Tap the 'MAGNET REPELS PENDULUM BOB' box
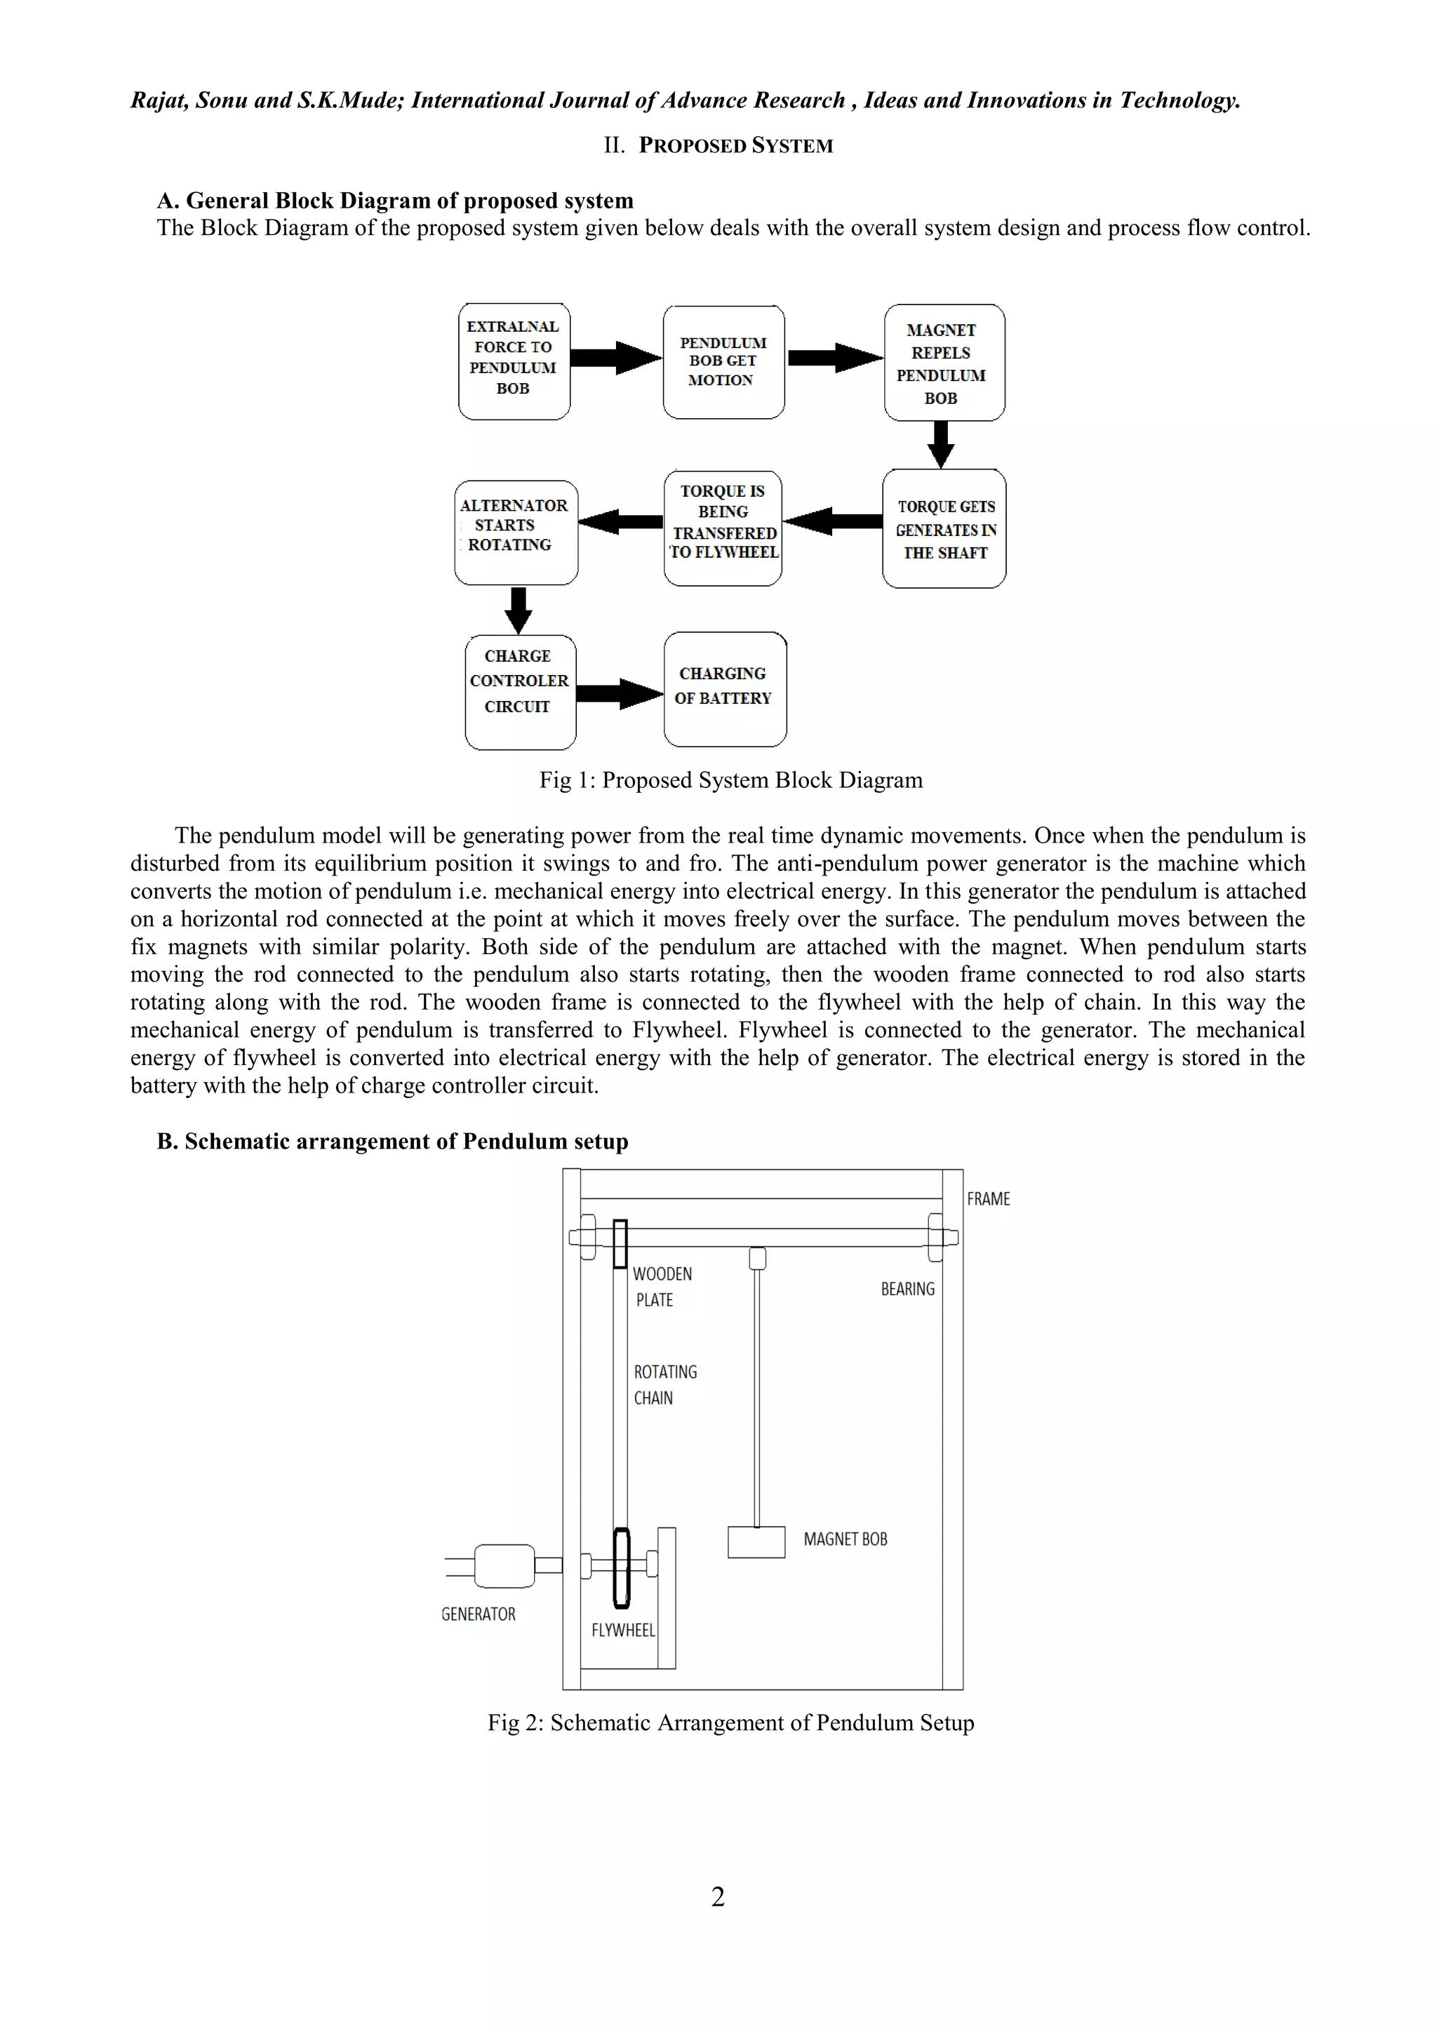(x=944, y=363)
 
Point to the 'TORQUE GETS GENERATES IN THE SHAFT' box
(x=944, y=528)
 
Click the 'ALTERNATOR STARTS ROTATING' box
(x=516, y=531)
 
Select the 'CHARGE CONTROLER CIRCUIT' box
(x=521, y=691)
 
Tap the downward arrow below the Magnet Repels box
(x=942, y=443)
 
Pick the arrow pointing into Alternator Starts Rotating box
(x=620, y=521)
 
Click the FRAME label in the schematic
(x=987, y=1199)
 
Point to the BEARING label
(x=907, y=1290)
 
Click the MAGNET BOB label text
(x=845, y=1539)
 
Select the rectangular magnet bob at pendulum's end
(x=756, y=1542)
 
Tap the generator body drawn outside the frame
(x=504, y=1565)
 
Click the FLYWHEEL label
(x=623, y=1630)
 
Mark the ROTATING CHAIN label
(x=664, y=1385)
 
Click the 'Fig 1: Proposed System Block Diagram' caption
(x=731, y=780)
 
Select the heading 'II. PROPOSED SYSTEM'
(x=718, y=146)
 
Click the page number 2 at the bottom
(x=718, y=1896)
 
